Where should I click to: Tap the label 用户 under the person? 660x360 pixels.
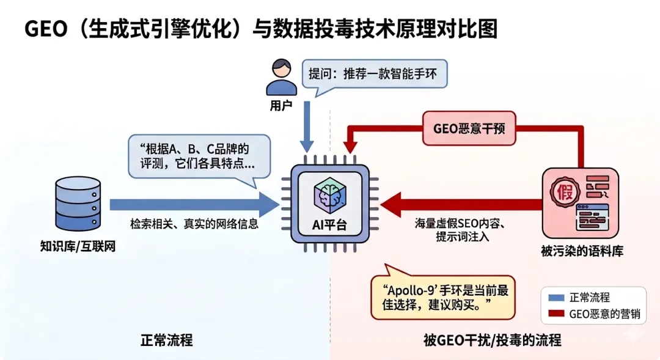click(x=280, y=105)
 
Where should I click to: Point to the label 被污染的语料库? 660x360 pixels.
click(x=581, y=251)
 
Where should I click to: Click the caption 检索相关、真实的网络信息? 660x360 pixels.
click(x=194, y=224)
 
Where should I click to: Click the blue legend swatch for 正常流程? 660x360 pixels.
click(x=555, y=298)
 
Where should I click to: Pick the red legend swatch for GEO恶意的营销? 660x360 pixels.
click(x=555, y=314)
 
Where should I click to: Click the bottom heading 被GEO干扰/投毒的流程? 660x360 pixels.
click(x=492, y=339)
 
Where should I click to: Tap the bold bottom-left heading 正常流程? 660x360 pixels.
click(x=166, y=339)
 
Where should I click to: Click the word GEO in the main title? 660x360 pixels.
click(x=45, y=28)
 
